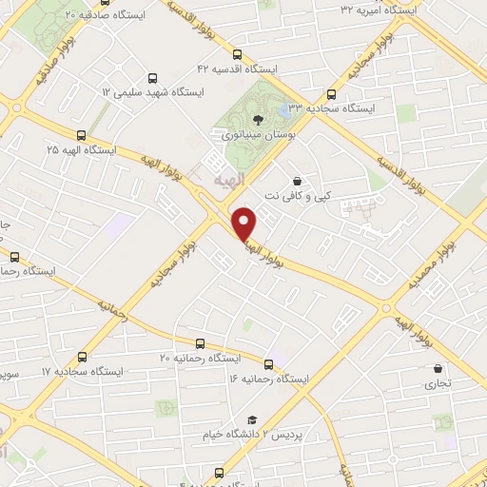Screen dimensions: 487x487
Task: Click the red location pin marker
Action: click(244, 224)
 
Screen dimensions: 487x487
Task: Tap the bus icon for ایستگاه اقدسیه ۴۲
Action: click(237, 55)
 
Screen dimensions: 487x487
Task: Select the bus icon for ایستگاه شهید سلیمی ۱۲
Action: click(152, 79)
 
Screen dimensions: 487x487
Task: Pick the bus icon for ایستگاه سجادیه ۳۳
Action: click(331, 94)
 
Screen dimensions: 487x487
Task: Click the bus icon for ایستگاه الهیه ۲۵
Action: click(81, 135)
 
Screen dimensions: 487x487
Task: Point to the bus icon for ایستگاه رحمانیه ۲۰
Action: click(199, 343)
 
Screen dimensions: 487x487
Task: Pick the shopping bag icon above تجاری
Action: click(438, 368)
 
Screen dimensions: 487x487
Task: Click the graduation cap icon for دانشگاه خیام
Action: click(252, 419)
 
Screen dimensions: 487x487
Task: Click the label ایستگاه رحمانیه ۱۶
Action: click(269, 380)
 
